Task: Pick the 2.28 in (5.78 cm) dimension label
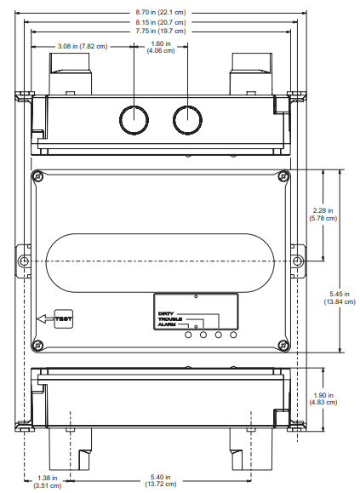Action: tap(324, 215)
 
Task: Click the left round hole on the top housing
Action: tap(134, 119)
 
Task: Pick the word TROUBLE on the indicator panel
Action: tap(171, 319)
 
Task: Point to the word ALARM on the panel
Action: tap(168, 325)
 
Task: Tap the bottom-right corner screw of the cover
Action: tap(283, 344)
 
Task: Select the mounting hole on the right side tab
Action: tap(297, 260)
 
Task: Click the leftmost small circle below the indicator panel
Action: tap(188, 336)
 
